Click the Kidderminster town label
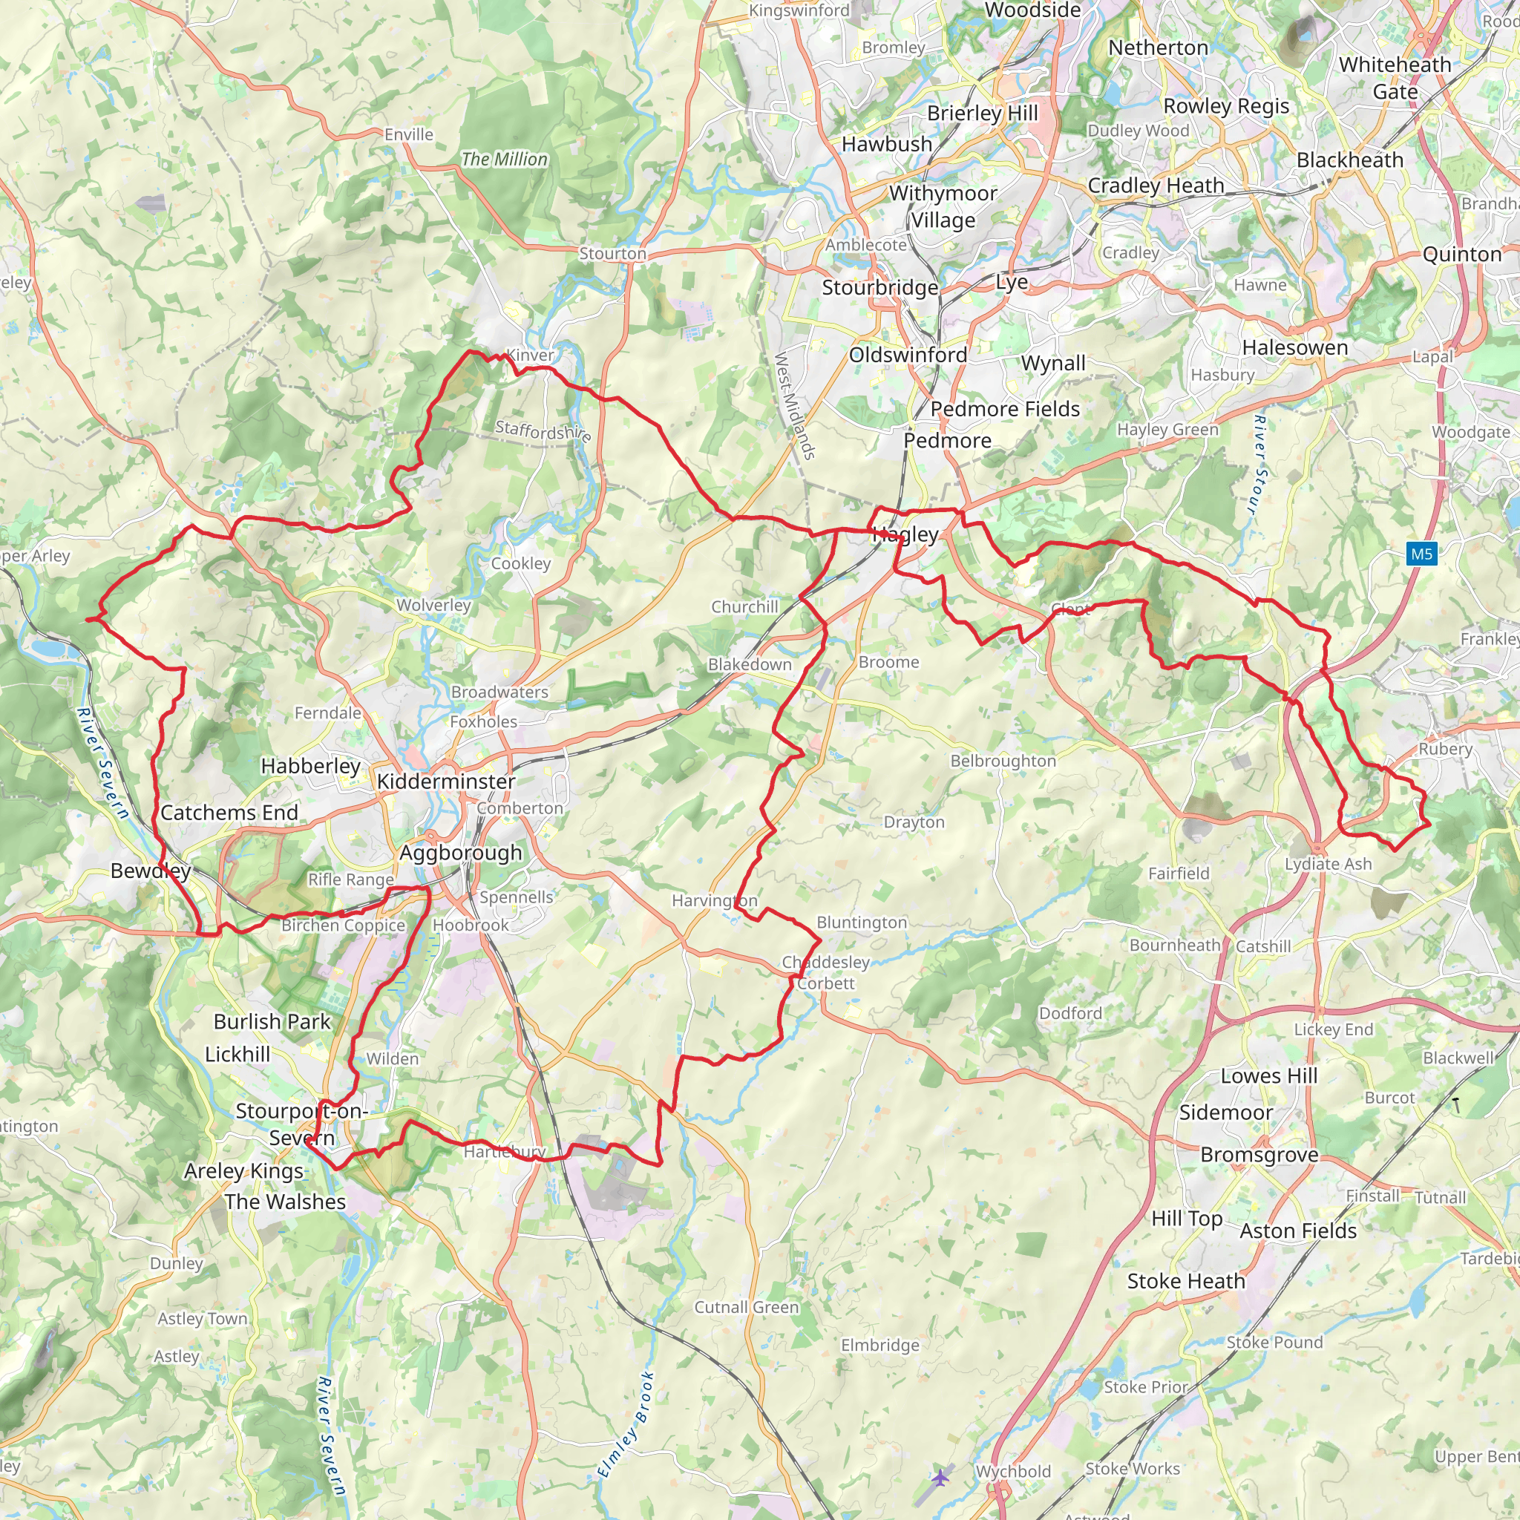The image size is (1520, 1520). tap(445, 782)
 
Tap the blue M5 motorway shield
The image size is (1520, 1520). tap(1421, 554)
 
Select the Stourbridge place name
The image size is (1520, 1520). tap(879, 288)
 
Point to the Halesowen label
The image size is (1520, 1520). tap(1295, 348)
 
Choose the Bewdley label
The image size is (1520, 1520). tap(150, 871)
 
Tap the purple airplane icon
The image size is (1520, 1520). tap(940, 1478)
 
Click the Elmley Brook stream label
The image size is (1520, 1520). tap(626, 1424)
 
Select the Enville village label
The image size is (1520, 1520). tap(408, 134)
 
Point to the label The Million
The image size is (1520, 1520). tap(504, 159)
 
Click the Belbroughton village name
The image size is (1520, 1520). tap(1003, 761)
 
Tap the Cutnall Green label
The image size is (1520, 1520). tap(746, 1307)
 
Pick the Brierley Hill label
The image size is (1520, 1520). tap(983, 114)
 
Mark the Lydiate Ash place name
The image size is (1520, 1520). tap(1328, 864)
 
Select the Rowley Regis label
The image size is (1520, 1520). tap(1226, 106)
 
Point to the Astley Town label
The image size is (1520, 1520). tap(202, 1319)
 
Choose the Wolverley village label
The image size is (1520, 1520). tap(433, 605)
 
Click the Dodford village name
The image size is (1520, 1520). tap(1070, 1013)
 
